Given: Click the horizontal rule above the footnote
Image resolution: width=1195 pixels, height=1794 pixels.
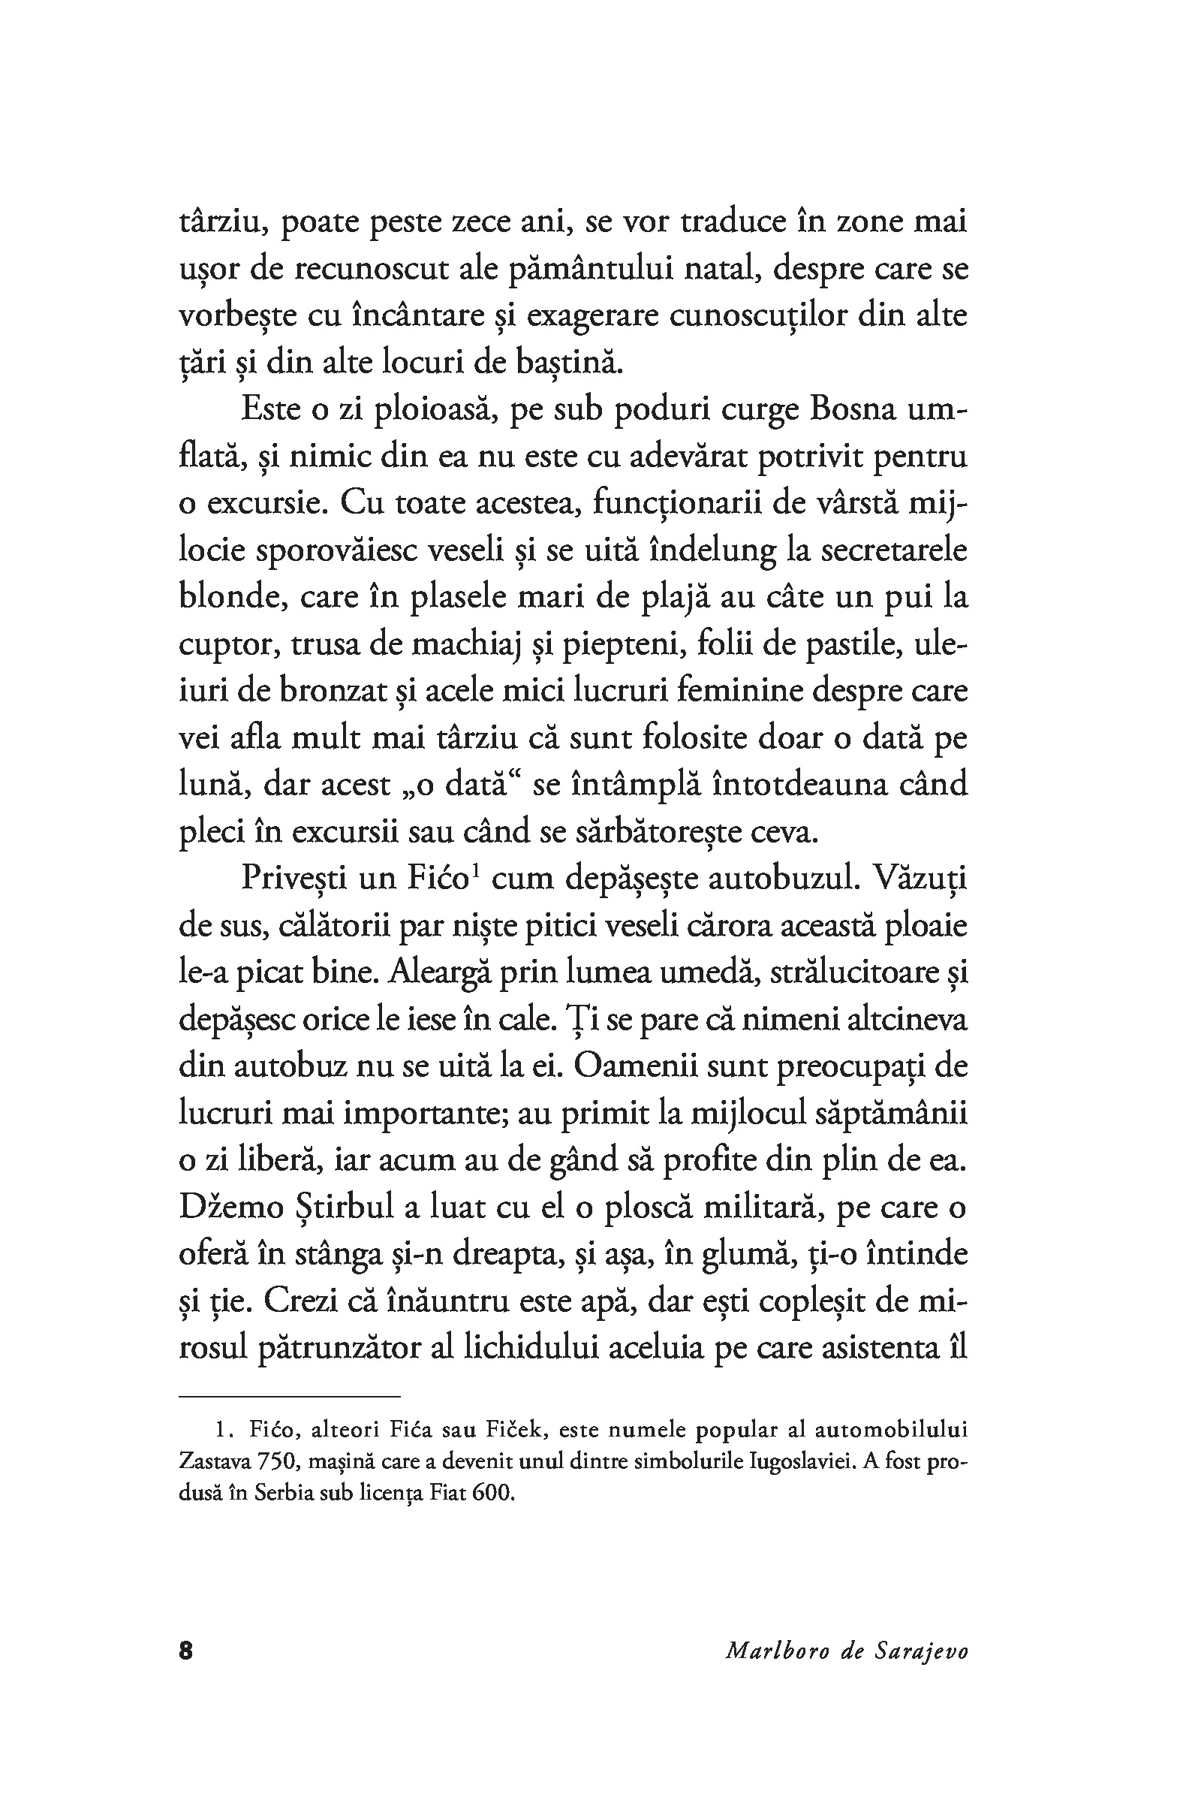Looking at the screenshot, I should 290,1397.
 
